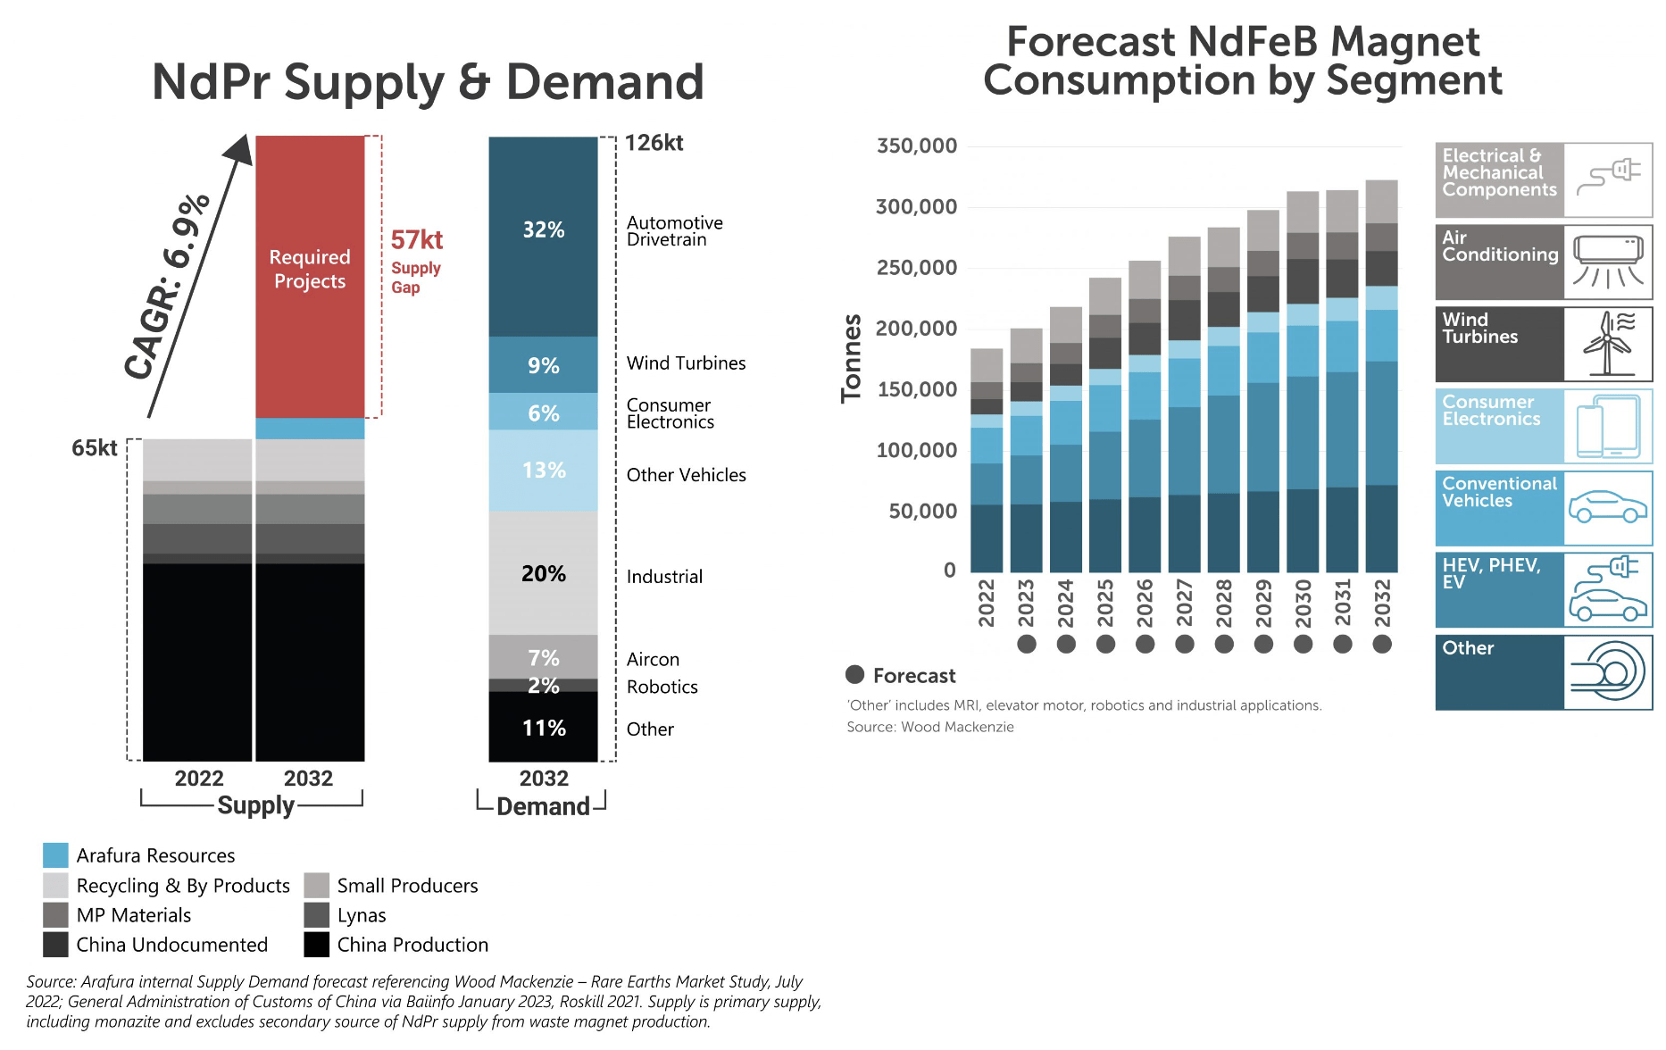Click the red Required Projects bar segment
(x=310, y=277)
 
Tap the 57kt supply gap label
(x=416, y=240)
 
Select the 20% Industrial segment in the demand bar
(x=543, y=573)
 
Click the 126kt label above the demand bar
(x=654, y=143)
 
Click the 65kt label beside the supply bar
(x=94, y=448)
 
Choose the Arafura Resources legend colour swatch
(x=55, y=855)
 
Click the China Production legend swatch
(x=317, y=945)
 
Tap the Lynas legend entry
(x=361, y=915)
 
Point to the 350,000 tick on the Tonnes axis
(x=916, y=146)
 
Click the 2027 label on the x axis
(x=1184, y=603)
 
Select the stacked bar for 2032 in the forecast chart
(x=1381, y=375)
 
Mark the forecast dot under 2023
(x=1027, y=644)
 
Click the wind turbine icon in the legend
(x=1608, y=344)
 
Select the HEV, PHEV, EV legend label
(x=1491, y=573)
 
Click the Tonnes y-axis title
(x=852, y=357)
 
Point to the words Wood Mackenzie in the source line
(x=957, y=727)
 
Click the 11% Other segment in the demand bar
(x=543, y=728)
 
